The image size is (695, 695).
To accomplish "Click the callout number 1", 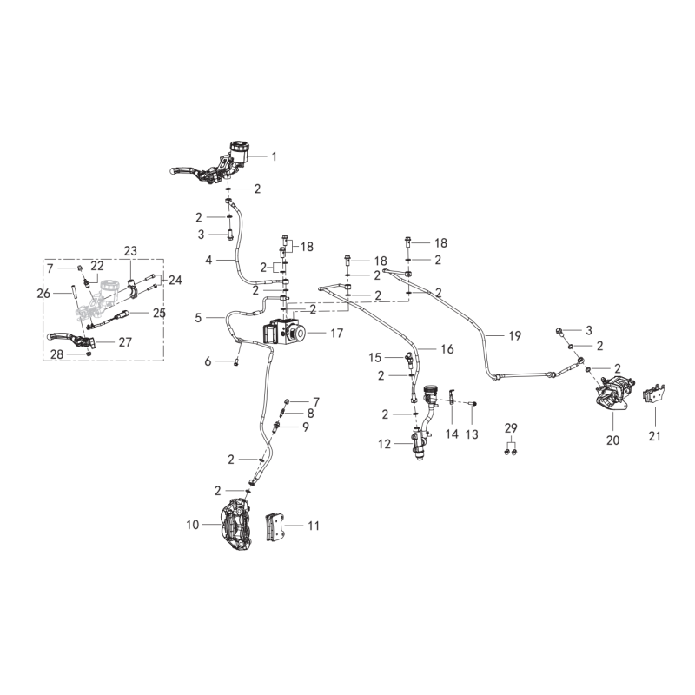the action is pos(274,156).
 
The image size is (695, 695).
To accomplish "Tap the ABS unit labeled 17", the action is pos(284,332).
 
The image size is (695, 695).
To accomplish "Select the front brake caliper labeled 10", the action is pos(237,526).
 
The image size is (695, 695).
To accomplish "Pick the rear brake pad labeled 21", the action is pos(654,394).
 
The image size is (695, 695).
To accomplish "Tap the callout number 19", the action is pos(514,336).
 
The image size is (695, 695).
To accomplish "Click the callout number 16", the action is pos(447,349).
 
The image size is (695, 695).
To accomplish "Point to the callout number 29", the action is pos(511,428).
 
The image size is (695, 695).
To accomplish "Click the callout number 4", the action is pos(208,260).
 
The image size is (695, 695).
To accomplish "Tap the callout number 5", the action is pos(198,318).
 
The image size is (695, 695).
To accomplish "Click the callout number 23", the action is pos(130,251).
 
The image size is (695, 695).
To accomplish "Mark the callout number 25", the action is pos(159,313).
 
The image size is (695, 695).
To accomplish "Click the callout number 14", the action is pos(452,434).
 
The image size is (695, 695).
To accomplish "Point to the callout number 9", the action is pos(306,427).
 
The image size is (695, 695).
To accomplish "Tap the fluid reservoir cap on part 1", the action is pos(240,146).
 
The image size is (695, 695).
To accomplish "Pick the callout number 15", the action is pos(375,357).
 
